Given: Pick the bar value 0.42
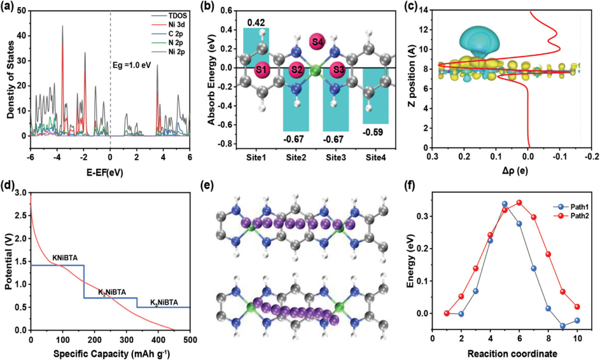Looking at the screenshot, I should [x=255, y=23].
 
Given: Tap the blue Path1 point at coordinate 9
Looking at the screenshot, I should [x=562, y=326].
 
